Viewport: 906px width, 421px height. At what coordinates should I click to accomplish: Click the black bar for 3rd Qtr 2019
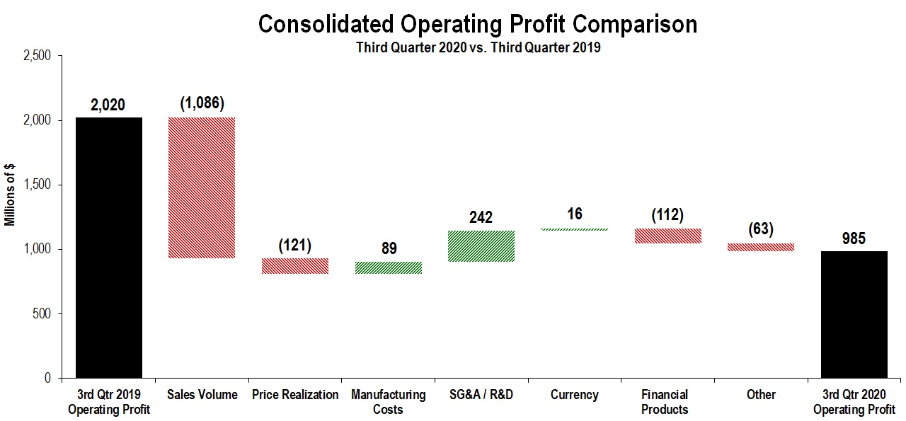coord(109,248)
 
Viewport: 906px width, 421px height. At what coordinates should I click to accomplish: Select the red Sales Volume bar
coord(202,188)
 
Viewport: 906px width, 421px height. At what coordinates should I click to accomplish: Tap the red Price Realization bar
coord(295,266)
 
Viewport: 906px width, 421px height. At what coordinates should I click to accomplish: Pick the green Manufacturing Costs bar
coord(389,267)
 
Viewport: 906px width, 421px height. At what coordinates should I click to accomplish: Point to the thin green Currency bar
coord(575,229)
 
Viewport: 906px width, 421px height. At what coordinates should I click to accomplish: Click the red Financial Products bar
coord(667,236)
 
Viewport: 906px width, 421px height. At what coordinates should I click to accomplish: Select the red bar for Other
coord(761,247)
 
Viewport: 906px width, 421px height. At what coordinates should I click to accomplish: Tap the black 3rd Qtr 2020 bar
coord(854,314)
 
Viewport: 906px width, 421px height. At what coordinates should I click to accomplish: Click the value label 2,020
coord(108,105)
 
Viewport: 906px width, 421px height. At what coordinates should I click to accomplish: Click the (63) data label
coord(761,229)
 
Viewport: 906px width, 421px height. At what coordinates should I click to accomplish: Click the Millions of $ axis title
coord(10,194)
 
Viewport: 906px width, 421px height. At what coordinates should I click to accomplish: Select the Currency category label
coord(575,395)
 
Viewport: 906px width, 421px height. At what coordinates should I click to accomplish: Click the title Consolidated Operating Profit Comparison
coord(477,24)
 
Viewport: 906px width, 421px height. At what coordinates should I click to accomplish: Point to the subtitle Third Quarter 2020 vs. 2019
coord(478,49)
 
